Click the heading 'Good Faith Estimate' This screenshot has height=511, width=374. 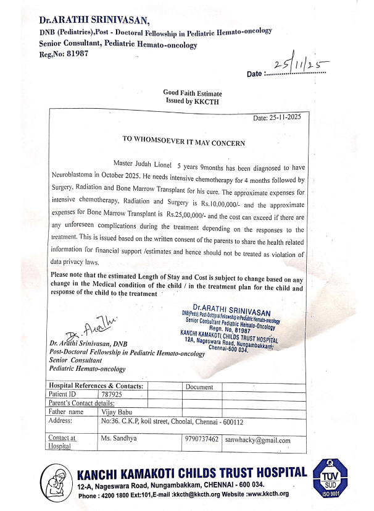(x=192, y=92)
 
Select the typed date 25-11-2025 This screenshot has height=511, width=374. (x=277, y=117)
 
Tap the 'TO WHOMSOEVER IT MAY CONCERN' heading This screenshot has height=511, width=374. (x=185, y=142)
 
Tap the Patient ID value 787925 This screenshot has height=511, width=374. (x=111, y=393)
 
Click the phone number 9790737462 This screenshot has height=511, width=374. (x=201, y=440)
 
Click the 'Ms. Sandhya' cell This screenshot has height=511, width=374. (x=118, y=439)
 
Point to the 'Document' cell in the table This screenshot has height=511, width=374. (x=199, y=387)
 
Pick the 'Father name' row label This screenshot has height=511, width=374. (x=67, y=411)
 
